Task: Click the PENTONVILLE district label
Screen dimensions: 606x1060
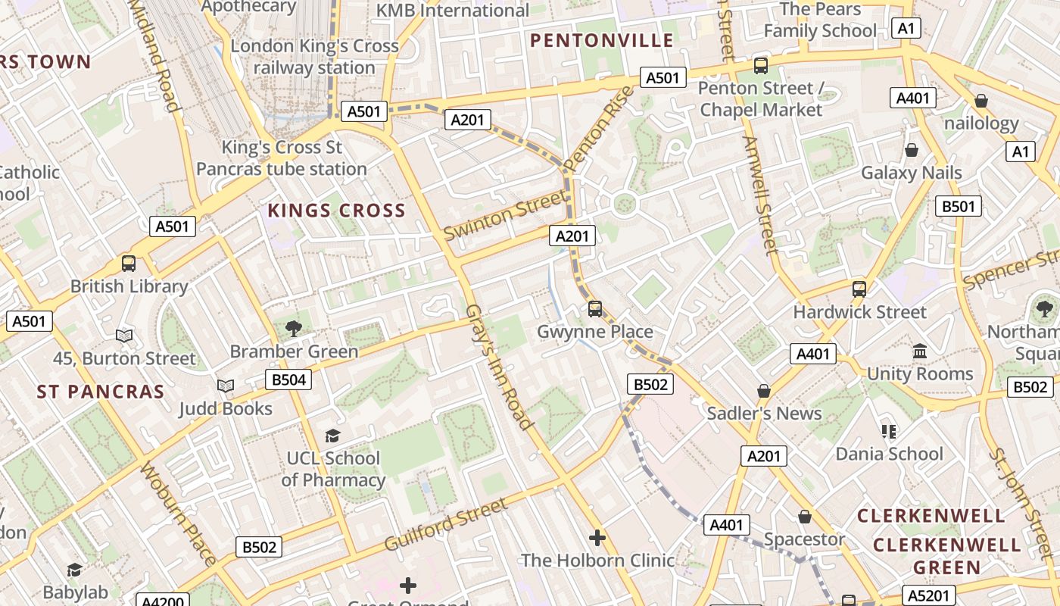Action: pyautogui.click(x=602, y=41)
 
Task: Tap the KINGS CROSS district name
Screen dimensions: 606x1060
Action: pyautogui.click(x=337, y=211)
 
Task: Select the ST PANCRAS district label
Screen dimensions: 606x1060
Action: pyautogui.click(x=101, y=392)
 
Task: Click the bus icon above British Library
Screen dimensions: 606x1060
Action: pyautogui.click(x=129, y=264)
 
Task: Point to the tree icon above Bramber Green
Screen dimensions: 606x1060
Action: pyautogui.click(x=294, y=329)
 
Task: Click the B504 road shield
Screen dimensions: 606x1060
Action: pyautogui.click(x=288, y=380)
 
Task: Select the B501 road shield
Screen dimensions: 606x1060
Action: pyautogui.click(x=959, y=206)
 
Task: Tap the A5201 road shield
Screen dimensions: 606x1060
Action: pyautogui.click(x=929, y=595)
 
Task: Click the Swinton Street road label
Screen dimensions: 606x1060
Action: pyautogui.click(x=504, y=215)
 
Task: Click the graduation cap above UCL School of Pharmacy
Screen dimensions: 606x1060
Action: pyautogui.click(x=332, y=436)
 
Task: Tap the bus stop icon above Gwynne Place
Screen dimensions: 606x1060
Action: pyautogui.click(x=595, y=309)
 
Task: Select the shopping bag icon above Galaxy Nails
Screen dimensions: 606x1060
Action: pyautogui.click(x=912, y=150)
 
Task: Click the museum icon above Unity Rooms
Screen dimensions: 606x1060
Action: pyautogui.click(x=921, y=351)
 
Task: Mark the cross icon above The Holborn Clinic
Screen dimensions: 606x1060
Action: pyautogui.click(x=597, y=538)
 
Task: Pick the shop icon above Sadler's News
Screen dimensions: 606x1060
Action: pyautogui.click(x=764, y=391)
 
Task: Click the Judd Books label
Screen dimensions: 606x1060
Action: pyautogui.click(x=226, y=409)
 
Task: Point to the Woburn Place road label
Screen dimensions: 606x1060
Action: pyautogui.click(x=179, y=513)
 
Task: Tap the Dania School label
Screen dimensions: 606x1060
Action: pyautogui.click(x=889, y=454)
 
